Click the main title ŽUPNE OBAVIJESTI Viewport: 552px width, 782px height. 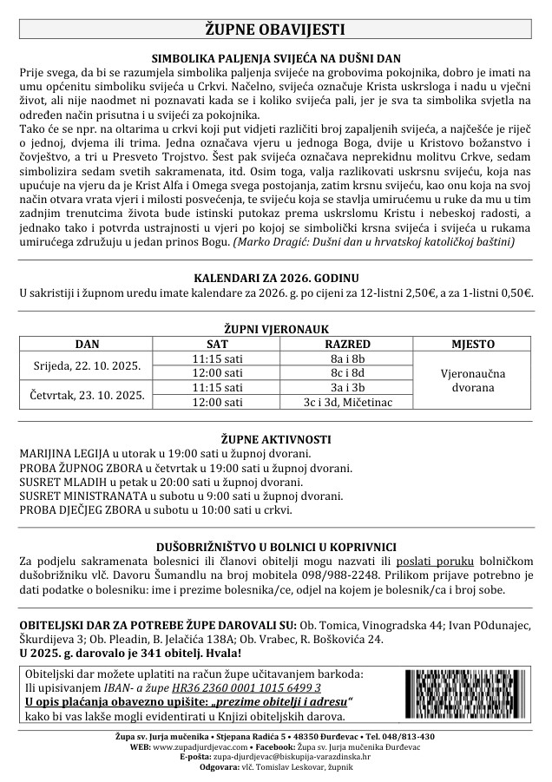[276, 29]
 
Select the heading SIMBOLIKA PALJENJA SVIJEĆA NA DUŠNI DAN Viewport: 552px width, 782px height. [276, 54]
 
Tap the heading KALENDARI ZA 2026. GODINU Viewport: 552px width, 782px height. [276, 278]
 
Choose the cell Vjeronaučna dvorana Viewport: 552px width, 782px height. [473, 380]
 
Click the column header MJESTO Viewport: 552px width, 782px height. [473, 345]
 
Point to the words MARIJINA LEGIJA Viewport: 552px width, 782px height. [62, 453]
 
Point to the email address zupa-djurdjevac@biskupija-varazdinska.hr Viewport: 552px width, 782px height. [287, 756]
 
